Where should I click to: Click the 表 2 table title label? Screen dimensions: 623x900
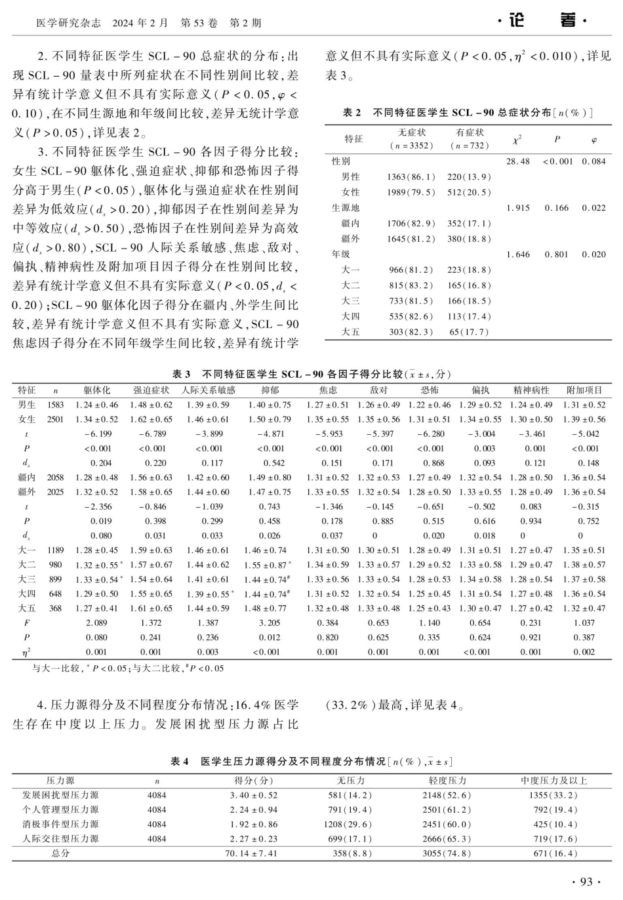point(352,113)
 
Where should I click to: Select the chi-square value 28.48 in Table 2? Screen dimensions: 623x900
point(518,161)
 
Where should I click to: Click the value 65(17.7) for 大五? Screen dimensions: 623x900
point(469,332)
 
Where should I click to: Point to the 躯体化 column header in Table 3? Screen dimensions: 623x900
point(97,390)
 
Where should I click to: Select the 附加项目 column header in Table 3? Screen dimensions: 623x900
point(584,390)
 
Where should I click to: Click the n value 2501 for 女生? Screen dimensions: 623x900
point(56,419)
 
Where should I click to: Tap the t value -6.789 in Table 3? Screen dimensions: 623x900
point(152,434)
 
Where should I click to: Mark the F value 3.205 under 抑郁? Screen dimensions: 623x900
point(270,623)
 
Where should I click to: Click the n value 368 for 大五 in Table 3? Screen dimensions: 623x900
point(56,608)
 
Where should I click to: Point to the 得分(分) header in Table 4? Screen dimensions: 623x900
point(253,781)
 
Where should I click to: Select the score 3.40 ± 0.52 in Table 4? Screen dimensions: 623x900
point(253,795)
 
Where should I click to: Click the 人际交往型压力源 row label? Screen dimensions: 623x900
point(60,839)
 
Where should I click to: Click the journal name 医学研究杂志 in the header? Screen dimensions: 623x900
point(68,23)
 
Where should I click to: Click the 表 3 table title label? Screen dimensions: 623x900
point(181,375)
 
